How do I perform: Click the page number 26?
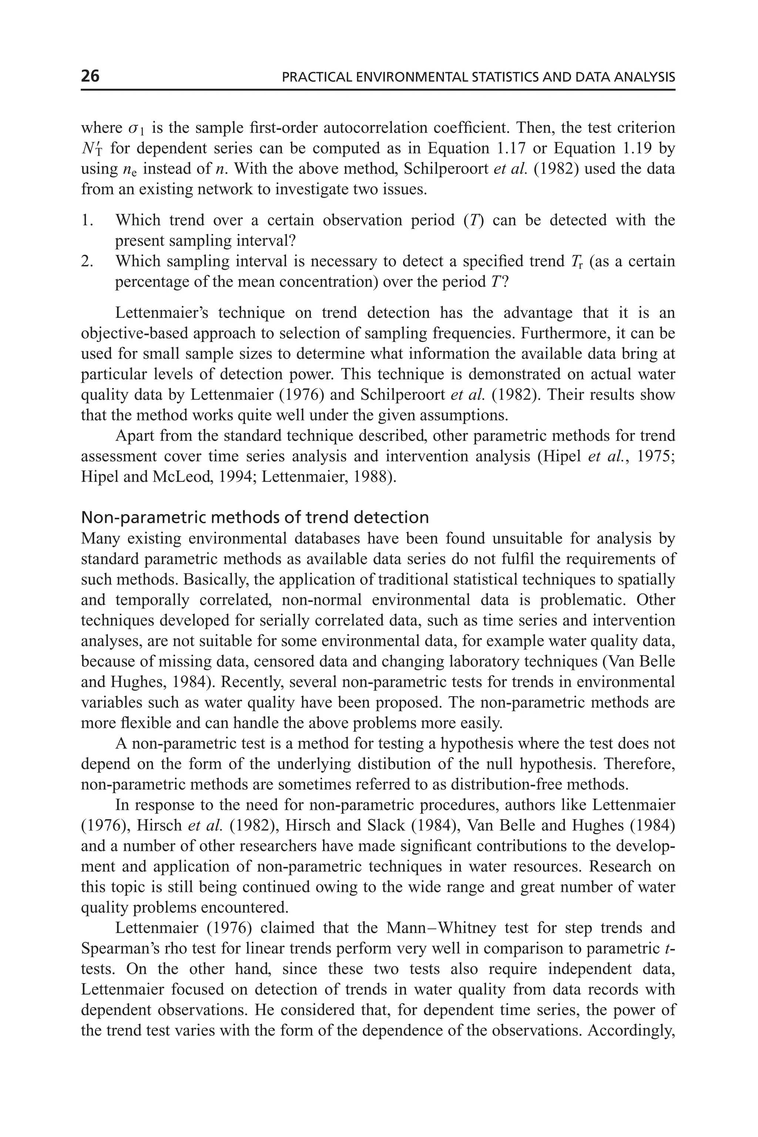click(90, 76)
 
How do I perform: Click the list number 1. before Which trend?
click(87, 221)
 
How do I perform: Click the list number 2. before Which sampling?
click(87, 262)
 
